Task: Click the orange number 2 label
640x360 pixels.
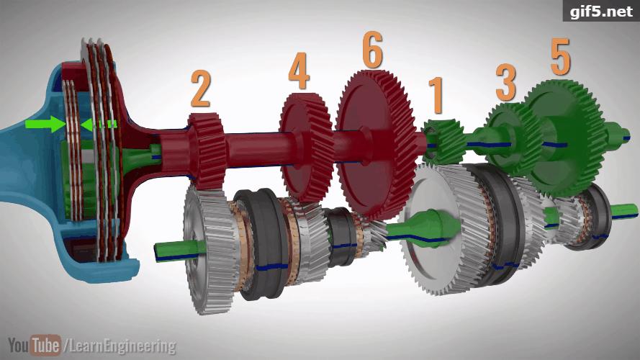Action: [x=200, y=89]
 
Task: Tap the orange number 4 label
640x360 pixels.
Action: [x=299, y=71]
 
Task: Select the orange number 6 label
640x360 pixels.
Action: [x=373, y=50]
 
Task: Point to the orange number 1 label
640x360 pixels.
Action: [x=436, y=95]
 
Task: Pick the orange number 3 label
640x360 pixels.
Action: [x=506, y=84]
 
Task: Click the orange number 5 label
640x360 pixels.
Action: [x=560, y=57]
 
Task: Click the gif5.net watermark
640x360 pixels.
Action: [x=601, y=11]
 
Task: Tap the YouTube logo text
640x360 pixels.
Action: [x=35, y=346]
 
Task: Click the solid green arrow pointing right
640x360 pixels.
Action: [x=45, y=124]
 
